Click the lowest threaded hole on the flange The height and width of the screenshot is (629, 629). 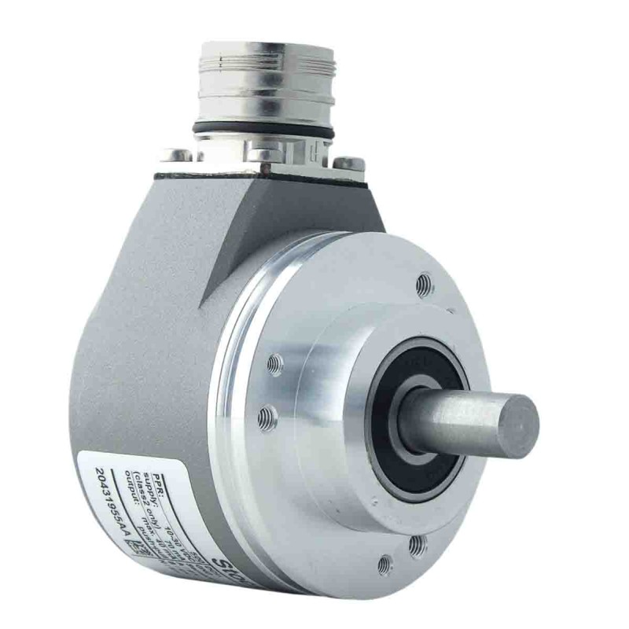coord(385,563)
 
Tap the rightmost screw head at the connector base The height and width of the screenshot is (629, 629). coord(345,164)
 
